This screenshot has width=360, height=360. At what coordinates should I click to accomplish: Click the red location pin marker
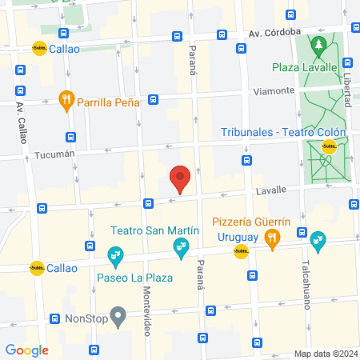coord(180,179)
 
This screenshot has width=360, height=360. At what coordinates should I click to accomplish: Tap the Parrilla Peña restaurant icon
coord(67,100)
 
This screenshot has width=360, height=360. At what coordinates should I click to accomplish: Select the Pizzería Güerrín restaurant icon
coord(273,237)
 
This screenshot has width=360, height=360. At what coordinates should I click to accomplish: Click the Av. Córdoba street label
coord(274,33)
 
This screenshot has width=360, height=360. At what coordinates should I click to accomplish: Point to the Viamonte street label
coord(274,91)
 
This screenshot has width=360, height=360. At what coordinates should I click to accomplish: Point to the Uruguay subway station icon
coord(239,253)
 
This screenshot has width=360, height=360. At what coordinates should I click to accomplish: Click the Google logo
coord(26,350)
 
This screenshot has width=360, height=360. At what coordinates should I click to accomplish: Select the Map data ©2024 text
coord(324,354)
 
